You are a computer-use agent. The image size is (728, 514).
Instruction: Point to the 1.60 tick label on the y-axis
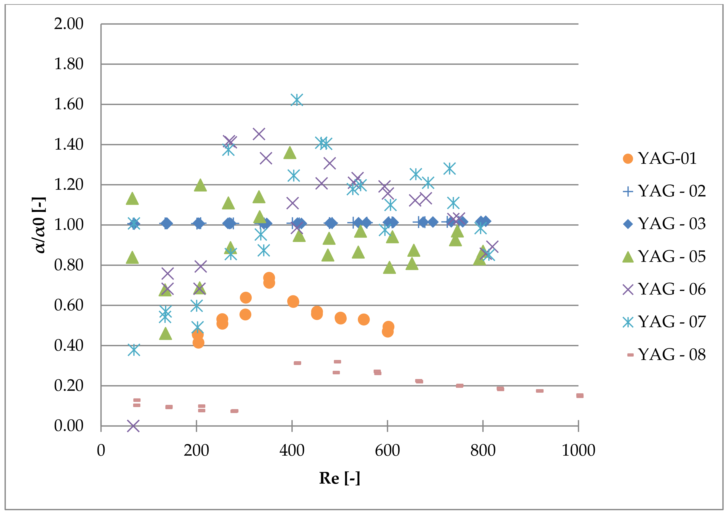[x=69, y=104]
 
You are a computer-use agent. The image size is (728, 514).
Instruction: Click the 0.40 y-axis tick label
[x=69, y=346]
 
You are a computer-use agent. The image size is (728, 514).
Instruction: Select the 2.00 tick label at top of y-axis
[x=69, y=24]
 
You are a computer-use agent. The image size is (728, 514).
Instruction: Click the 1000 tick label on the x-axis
[x=578, y=450]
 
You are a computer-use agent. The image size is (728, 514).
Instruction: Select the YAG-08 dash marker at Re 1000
[x=580, y=396]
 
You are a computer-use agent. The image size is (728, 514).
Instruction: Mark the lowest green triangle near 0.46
[x=165, y=334]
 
